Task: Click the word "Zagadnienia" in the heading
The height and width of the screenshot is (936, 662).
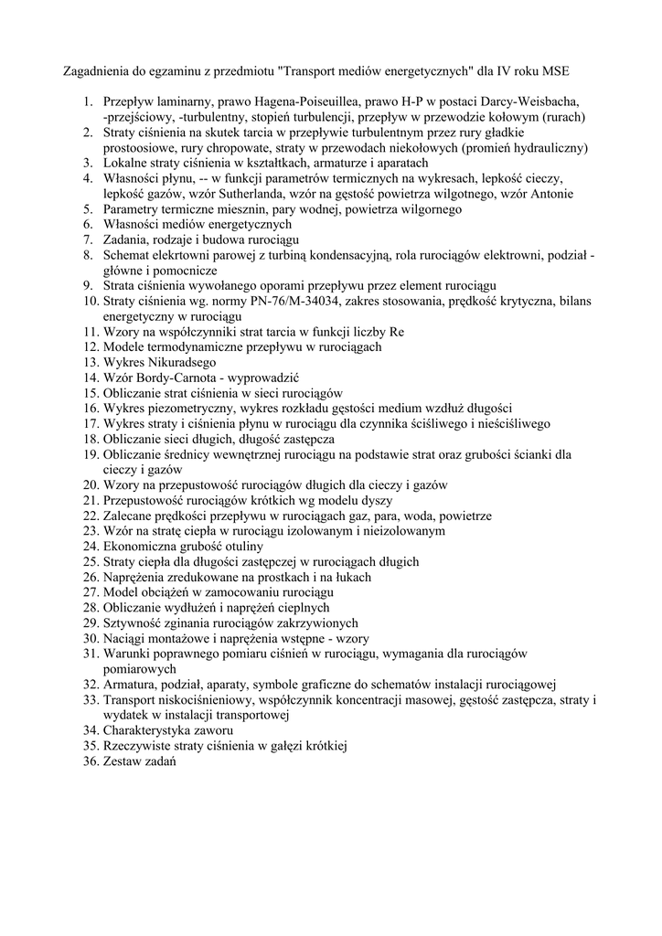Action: [x=96, y=69]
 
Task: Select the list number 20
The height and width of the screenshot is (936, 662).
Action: [x=90, y=484]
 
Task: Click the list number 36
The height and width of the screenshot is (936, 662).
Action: [x=90, y=760]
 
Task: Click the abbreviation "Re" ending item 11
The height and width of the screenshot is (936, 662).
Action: [x=396, y=332]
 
